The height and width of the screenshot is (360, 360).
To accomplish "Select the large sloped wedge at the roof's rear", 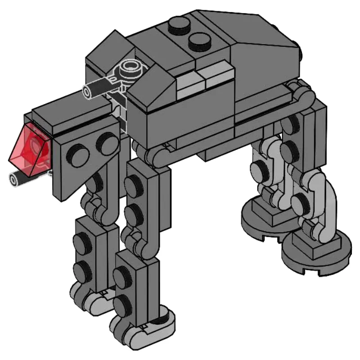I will coord(261,40).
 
